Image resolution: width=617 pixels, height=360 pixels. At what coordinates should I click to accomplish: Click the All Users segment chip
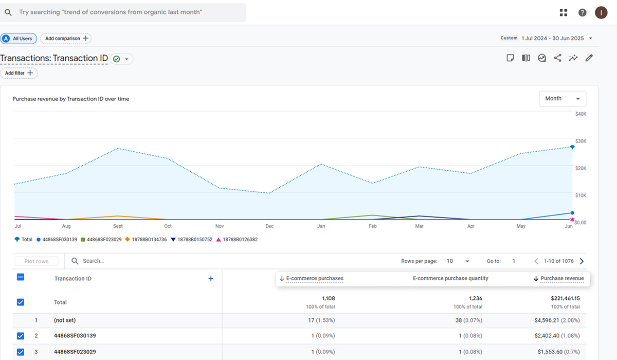pos(19,39)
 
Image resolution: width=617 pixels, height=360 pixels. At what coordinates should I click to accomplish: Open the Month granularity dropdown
pos(562,99)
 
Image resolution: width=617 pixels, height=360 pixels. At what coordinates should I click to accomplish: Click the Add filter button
pos(19,73)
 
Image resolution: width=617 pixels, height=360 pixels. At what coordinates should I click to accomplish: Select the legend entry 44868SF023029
pos(101,240)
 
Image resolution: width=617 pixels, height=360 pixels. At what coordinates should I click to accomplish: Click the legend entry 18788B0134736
pos(146,240)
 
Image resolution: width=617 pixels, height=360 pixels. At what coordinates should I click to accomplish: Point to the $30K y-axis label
pos(580,141)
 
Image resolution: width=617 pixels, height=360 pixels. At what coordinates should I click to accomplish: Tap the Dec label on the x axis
pos(269,226)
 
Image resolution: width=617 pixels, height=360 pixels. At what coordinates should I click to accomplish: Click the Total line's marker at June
pos(572,147)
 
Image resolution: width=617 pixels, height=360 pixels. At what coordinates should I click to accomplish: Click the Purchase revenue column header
pos(562,278)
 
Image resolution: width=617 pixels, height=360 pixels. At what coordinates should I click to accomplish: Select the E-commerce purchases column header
pos(315,278)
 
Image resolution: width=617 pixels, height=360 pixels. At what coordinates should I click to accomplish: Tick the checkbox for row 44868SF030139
pos(21,336)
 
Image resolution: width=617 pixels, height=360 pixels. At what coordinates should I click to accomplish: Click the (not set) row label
pos(65,320)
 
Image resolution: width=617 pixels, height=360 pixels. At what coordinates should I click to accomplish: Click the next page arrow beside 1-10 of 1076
pos(582,261)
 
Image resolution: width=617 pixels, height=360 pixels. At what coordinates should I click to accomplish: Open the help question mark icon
pos(582,12)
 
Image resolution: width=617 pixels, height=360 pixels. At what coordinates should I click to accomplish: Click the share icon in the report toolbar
pos(557,58)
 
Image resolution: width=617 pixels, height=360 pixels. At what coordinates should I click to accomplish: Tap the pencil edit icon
pos(589,58)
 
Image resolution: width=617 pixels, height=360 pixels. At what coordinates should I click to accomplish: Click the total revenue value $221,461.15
pos(565,298)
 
